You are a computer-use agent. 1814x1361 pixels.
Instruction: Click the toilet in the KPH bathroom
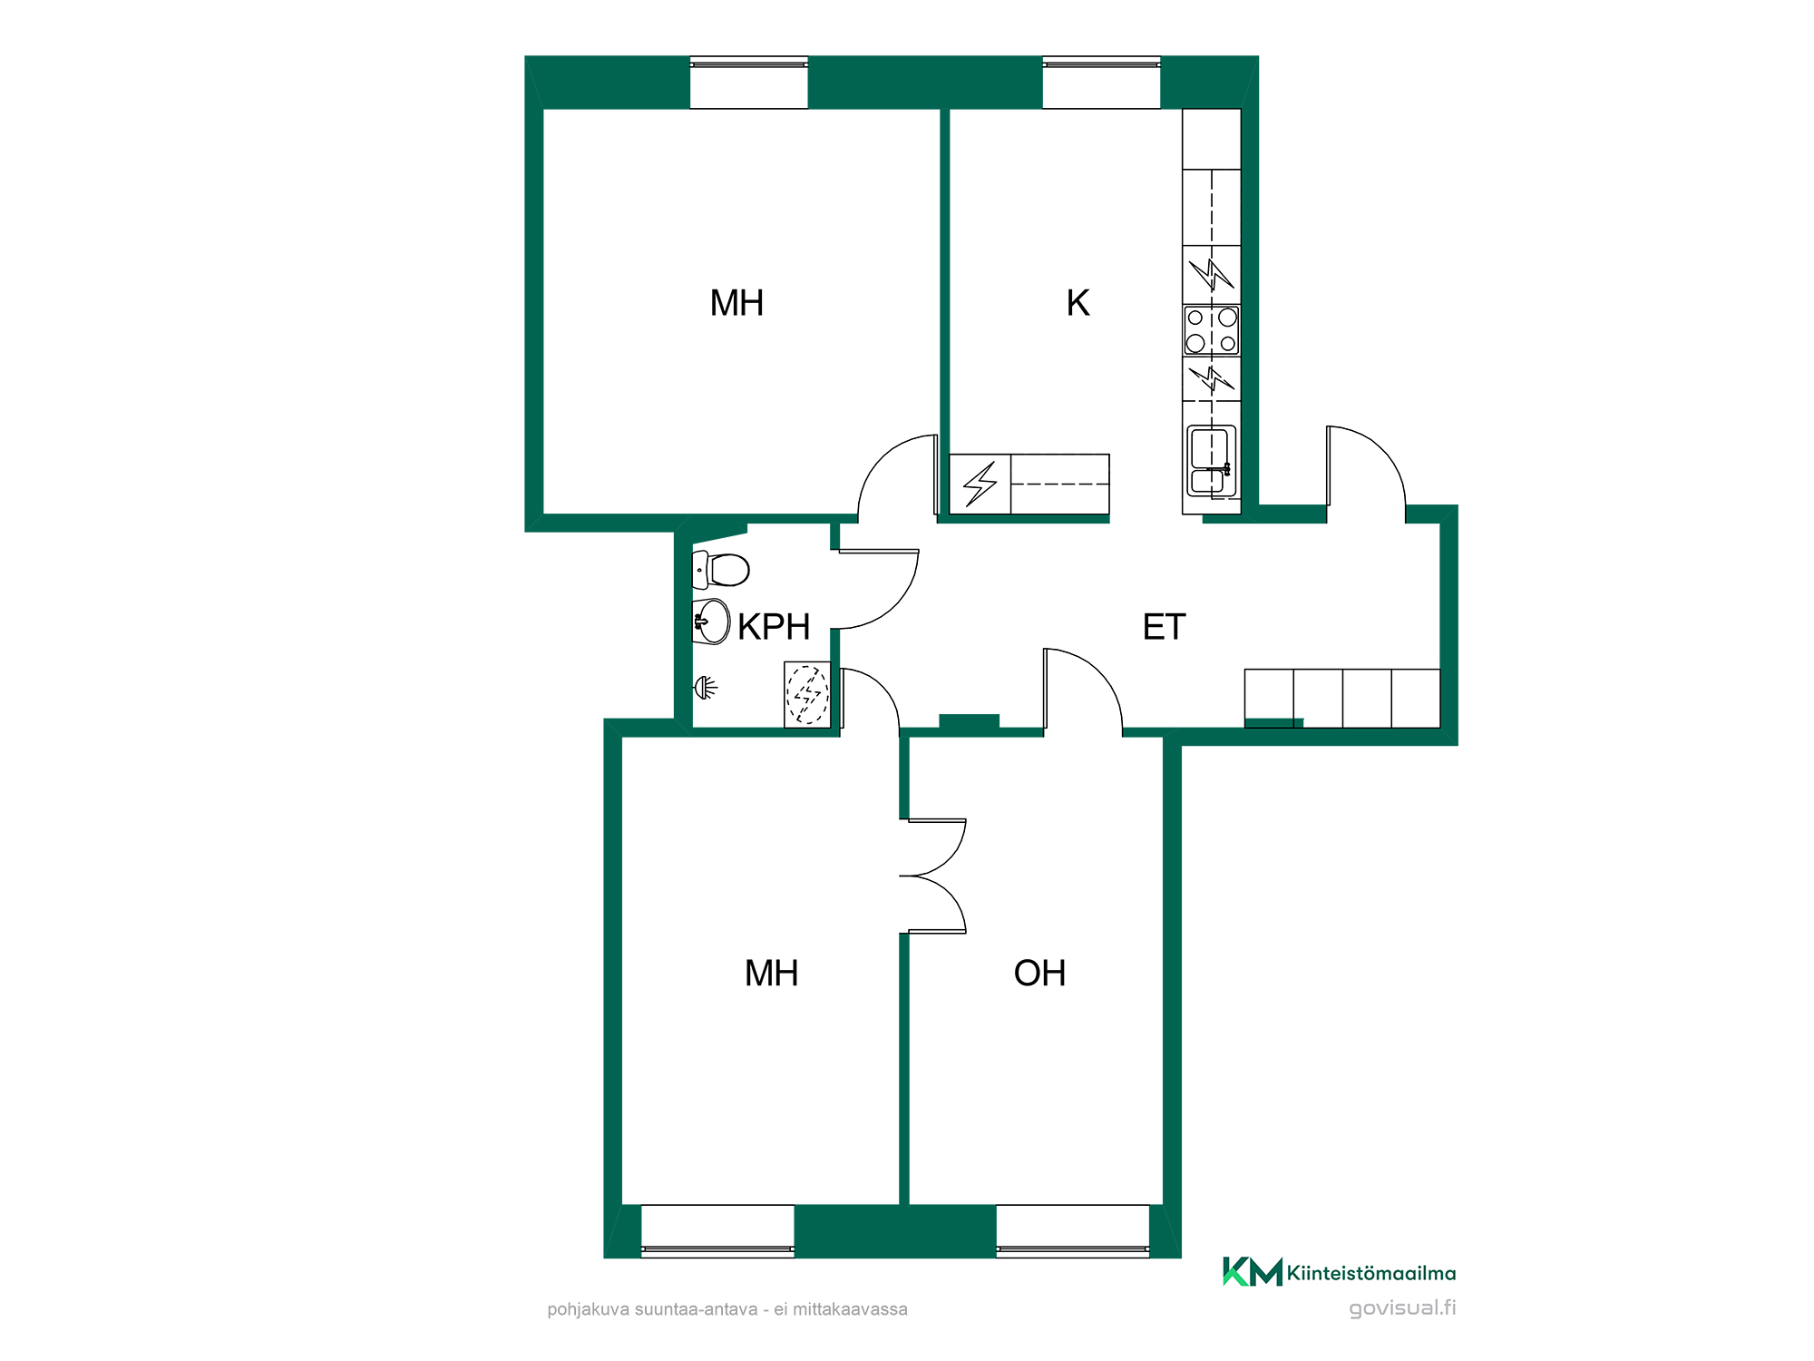720,570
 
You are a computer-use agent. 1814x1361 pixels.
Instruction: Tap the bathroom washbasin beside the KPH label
711,622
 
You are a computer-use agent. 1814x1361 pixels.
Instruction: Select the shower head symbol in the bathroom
705,688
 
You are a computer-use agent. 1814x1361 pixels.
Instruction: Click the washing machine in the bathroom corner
807,694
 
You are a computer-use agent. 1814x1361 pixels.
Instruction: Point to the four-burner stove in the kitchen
1212,330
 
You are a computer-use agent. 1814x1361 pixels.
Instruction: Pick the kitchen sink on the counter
1212,462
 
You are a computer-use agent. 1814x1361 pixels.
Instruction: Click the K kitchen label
1078,303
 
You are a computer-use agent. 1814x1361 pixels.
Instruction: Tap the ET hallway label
1164,627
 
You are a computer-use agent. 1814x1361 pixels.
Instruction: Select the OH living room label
1039,973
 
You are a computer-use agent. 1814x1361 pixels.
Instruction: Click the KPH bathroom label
774,627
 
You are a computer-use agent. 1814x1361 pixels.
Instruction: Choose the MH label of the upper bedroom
736,303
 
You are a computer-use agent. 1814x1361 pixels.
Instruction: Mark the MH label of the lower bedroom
771,973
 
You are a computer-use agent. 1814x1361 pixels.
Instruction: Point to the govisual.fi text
1402,1307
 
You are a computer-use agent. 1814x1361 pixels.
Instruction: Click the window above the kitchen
1101,83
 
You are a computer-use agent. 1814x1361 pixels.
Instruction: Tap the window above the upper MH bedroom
749,83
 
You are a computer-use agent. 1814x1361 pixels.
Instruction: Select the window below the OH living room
1073,1231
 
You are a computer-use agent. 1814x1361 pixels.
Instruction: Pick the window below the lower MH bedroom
717,1231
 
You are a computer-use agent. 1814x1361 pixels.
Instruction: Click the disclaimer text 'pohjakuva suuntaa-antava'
652,1309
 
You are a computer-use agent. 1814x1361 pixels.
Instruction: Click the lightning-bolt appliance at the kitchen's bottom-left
980,485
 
